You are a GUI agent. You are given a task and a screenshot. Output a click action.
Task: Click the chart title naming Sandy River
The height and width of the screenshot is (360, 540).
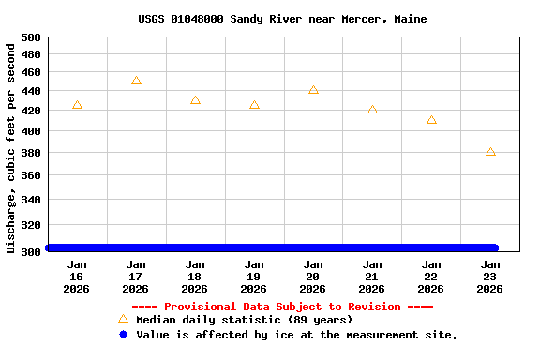282,19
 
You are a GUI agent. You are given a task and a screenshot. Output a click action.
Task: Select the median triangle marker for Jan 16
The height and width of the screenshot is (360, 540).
77,105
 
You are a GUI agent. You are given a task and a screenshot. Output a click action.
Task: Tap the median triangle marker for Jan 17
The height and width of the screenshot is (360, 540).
136,81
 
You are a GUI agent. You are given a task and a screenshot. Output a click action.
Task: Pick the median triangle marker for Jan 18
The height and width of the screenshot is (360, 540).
195,100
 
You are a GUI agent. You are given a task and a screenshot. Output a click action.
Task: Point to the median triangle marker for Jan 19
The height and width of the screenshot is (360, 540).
254,105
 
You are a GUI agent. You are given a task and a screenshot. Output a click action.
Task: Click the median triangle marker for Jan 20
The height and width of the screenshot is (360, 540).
313,90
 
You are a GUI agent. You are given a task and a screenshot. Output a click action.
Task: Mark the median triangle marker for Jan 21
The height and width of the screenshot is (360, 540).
372,110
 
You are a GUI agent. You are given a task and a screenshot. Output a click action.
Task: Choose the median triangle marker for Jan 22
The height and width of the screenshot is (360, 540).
431,120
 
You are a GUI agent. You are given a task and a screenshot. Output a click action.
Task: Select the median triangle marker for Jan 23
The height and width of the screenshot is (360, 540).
490,151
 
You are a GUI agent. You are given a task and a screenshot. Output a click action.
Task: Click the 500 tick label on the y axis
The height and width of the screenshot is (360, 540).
31,37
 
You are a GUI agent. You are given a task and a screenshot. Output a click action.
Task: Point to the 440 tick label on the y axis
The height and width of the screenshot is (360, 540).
31,91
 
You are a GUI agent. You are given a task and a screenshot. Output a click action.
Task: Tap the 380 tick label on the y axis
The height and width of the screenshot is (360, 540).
31,153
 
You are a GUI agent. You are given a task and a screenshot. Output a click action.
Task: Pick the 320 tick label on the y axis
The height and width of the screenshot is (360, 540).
31,225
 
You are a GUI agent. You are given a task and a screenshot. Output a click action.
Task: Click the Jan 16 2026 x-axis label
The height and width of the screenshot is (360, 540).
77,277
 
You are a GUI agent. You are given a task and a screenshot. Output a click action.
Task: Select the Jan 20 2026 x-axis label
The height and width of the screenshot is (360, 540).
313,277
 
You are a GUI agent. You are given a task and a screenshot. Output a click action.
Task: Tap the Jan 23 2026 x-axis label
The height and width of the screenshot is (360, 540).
490,277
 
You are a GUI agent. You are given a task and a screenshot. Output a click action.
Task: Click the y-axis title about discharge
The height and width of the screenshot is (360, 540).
11,145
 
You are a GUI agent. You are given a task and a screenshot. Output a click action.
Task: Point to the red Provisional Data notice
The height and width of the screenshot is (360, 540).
282,307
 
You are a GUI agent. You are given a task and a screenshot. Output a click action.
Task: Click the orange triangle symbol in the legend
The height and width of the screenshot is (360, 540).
123,319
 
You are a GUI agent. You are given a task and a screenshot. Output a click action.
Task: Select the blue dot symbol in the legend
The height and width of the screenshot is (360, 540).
123,334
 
